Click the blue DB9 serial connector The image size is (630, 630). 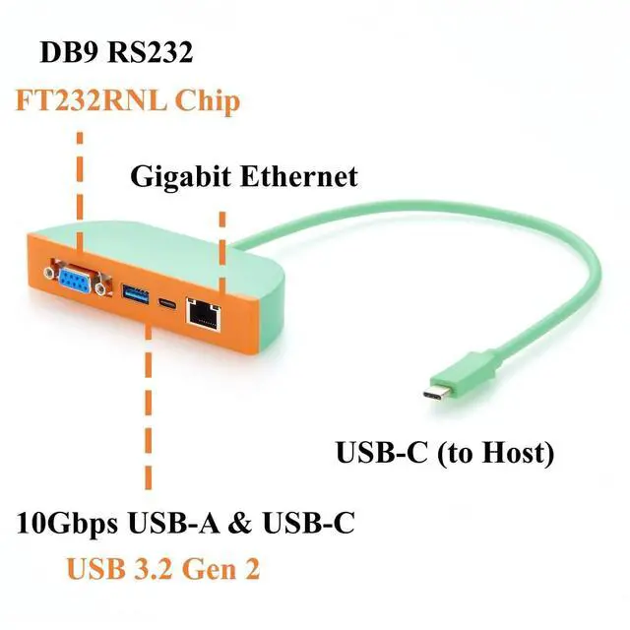click(x=78, y=278)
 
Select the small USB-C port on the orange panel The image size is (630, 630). click(x=166, y=303)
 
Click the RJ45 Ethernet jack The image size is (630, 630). click(x=204, y=315)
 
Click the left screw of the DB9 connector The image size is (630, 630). click(x=49, y=274)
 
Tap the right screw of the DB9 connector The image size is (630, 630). click(x=100, y=287)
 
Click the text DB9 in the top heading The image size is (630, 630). click(x=69, y=52)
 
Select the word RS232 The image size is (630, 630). click(x=151, y=52)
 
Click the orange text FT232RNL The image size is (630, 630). click(x=91, y=100)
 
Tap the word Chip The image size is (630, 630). click(x=208, y=102)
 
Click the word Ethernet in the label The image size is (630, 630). click(x=299, y=177)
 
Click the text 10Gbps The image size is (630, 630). click(x=68, y=523)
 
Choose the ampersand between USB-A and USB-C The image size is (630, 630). click(x=241, y=523)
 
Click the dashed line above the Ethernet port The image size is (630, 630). click(x=222, y=254)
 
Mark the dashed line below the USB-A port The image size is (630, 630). click(x=149, y=409)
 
